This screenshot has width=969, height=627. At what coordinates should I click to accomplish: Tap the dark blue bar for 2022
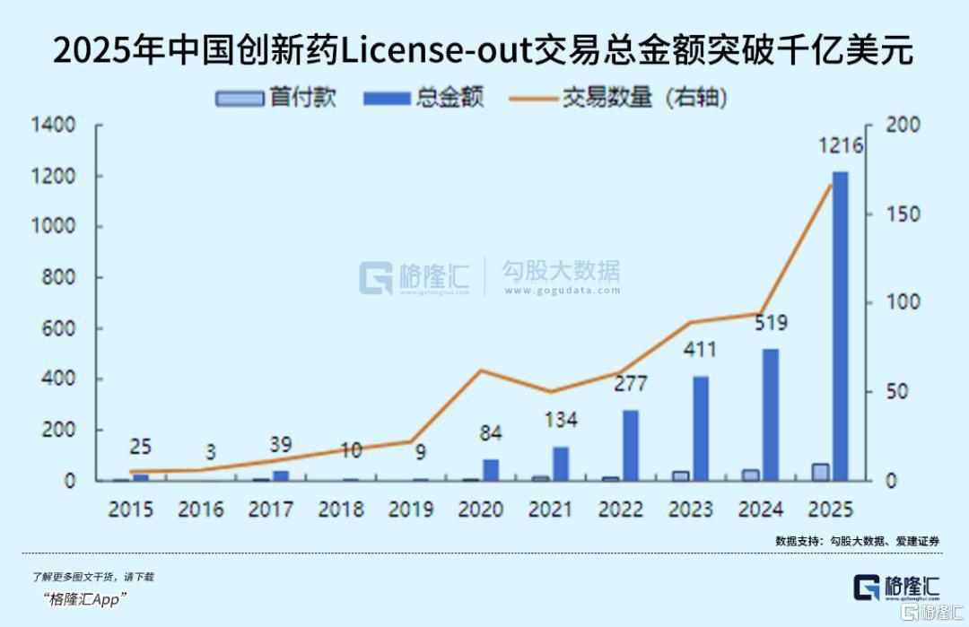[631, 445]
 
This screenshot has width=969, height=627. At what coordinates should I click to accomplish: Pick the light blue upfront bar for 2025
[820, 472]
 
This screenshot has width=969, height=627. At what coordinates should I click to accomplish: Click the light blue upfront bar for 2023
[681, 475]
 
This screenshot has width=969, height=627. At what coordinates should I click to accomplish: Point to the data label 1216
[840, 145]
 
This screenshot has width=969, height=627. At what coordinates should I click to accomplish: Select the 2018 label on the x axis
[340, 509]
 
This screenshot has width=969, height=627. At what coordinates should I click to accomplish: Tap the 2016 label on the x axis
[200, 509]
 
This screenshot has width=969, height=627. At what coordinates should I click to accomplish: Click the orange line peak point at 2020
[481, 370]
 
